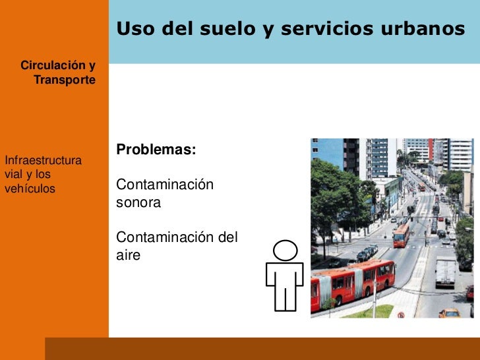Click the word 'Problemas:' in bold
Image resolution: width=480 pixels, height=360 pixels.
coord(156,150)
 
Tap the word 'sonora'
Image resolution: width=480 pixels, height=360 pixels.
coord(138,203)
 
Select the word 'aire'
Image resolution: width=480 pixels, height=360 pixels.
coord(128,255)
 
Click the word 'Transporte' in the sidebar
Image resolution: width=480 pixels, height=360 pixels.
coord(65,80)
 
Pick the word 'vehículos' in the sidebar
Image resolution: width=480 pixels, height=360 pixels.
coord(30,189)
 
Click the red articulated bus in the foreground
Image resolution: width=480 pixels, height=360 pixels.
coord(353,282)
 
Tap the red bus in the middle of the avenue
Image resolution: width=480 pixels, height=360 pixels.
coord(401,234)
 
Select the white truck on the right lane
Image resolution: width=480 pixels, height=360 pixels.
coord(445,272)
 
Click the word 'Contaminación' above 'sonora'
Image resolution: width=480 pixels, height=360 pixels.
coord(164,185)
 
